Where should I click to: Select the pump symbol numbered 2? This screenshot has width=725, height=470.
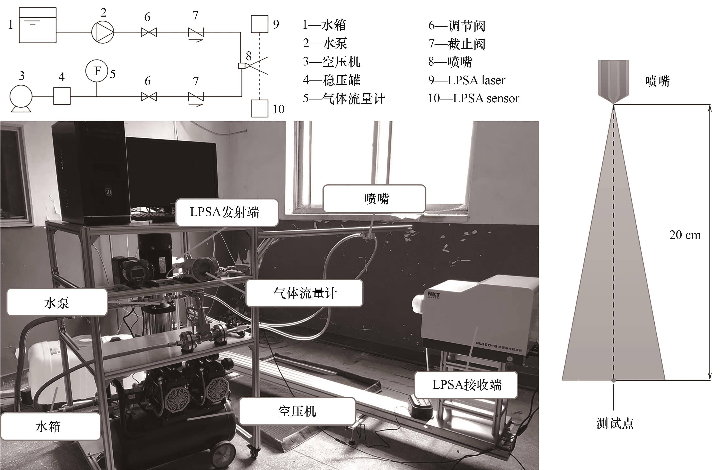[103, 32]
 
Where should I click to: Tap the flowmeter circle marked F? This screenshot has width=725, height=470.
[97, 71]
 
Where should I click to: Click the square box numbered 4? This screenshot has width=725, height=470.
[62, 96]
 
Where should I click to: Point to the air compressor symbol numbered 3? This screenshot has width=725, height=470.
[21, 97]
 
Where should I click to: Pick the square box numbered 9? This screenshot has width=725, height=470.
[259, 24]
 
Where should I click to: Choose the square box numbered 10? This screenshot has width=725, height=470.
[259, 108]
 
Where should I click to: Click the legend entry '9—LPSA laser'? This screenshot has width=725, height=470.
[467, 80]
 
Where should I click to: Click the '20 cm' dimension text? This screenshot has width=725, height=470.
[685, 235]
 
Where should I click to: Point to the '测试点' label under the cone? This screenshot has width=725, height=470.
[615, 423]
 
